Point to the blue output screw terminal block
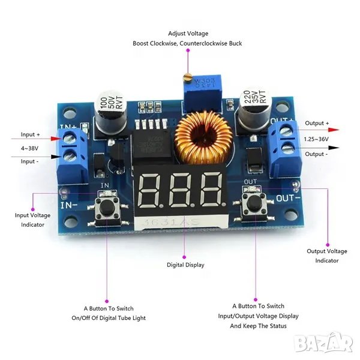(x=285, y=141)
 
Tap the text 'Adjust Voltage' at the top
(x=188, y=34)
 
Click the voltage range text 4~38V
(x=30, y=148)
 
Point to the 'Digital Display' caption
(x=185, y=265)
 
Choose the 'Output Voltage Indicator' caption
(x=327, y=256)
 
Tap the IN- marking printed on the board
(x=67, y=204)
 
